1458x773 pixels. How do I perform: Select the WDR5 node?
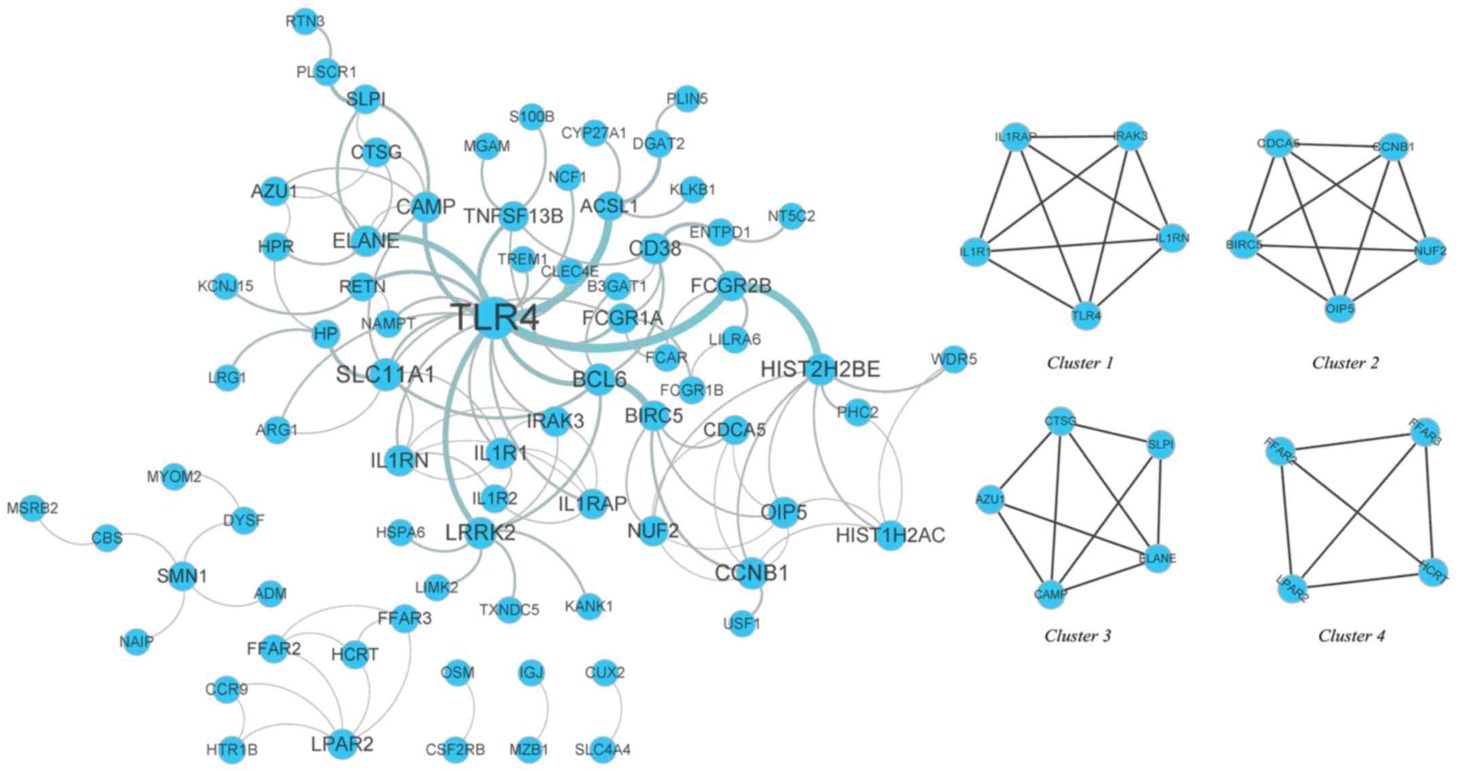[954, 359]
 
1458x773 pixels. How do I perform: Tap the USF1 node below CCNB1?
[743, 623]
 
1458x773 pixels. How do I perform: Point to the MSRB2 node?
[33, 508]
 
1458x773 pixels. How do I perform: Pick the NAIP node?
[137, 641]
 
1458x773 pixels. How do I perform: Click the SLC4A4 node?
[603, 750]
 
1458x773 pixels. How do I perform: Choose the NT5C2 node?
[791, 216]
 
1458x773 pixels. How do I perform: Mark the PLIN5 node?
[687, 99]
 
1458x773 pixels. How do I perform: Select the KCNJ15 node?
[226, 286]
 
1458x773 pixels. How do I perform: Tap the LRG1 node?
[227, 378]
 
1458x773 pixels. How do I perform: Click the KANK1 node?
[589, 606]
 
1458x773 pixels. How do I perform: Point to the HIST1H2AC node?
[890, 536]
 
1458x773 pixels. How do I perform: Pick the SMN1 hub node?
[182, 576]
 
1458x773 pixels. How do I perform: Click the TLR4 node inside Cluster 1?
[1086, 316]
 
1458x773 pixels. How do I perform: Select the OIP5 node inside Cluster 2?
[1339, 309]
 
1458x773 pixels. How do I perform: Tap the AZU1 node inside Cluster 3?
[991, 500]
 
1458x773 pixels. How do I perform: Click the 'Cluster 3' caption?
[1078, 636]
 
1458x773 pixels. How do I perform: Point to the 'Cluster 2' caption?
[1345, 363]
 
